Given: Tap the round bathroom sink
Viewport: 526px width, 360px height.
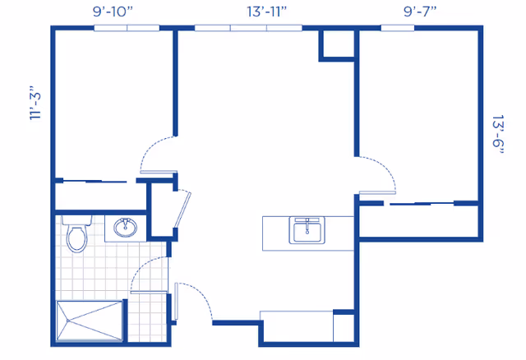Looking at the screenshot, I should point(126,227).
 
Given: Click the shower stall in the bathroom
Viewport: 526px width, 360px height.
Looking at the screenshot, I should point(90,321).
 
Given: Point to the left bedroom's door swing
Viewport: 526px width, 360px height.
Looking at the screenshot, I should point(155,152).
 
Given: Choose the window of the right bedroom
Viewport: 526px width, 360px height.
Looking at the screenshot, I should point(397,28).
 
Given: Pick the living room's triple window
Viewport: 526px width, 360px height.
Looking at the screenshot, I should point(248,28).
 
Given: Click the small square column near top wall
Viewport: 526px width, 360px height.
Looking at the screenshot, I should point(337,45).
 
